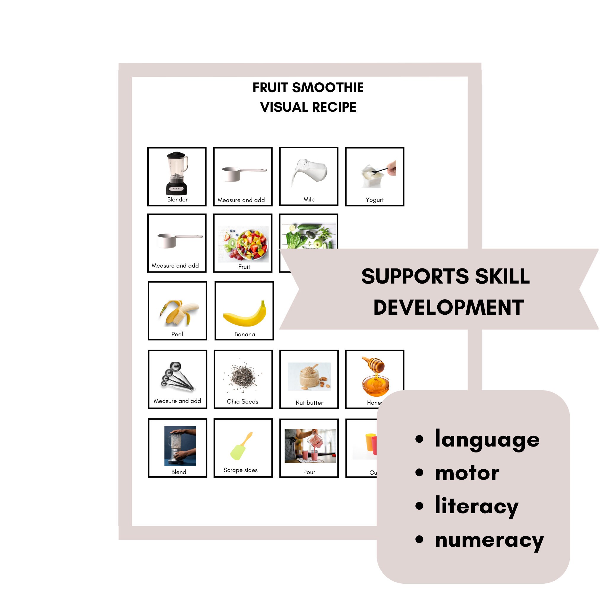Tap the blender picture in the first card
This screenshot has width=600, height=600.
pyautogui.click(x=177, y=173)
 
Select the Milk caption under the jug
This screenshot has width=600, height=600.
pyautogui.click(x=309, y=199)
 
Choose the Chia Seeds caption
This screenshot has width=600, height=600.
pyautogui.click(x=243, y=401)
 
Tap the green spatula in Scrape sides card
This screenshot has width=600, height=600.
pyautogui.click(x=241, y=447)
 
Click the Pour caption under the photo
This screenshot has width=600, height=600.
pyautogui.click(x=309, y=472)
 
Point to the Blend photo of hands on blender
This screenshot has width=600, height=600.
pyautogui.click(x=180, y=446)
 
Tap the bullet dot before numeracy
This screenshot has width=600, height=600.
pyautogui.click(x=420, y=540)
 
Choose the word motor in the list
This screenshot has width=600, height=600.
pyautogui.click(x=467, y=473)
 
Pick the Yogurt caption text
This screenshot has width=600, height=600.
pyautogui.click(x=375, y=200)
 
